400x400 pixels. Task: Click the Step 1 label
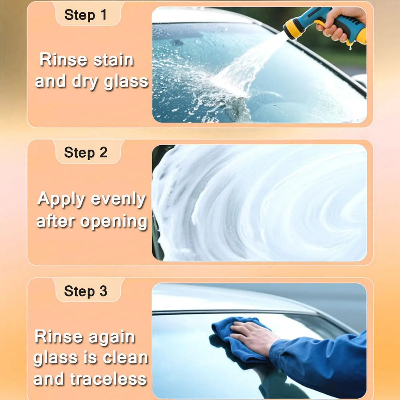click(85, 15)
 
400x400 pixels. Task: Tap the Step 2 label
click(85, 153)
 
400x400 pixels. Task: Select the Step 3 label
click(85, 291)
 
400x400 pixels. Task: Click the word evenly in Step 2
click(119, 200)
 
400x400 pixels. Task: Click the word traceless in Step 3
click(108, 379)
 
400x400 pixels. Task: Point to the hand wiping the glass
click(252, 336)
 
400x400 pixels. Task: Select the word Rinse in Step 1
click(64, 61)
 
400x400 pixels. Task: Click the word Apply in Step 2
click(61, 200)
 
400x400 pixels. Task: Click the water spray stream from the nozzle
click(250, 66)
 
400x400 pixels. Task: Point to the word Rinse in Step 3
click(59, 337)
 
